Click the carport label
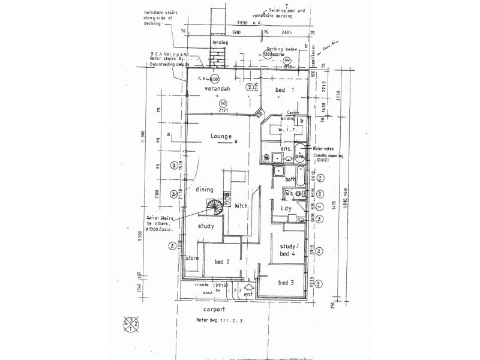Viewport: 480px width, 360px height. point(214,310)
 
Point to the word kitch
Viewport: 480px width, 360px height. point(241,206)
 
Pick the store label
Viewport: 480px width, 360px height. point(192,259)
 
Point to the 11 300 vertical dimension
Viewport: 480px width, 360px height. point(143,140)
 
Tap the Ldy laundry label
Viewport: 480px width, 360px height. point(286,208)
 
